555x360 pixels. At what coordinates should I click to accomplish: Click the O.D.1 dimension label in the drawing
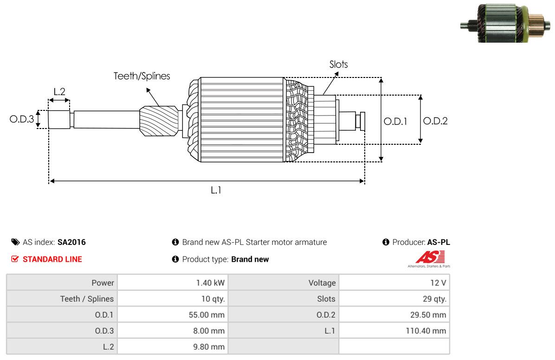395,122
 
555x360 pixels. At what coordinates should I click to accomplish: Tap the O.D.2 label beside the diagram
435,121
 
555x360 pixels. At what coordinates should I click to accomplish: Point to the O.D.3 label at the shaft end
22,119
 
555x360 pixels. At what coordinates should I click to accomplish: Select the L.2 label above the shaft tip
59,92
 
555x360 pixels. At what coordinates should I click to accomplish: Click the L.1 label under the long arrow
216,191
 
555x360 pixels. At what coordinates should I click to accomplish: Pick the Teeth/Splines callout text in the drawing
142,76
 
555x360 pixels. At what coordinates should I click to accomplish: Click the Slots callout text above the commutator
339,64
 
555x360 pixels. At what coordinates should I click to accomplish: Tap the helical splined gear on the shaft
159,122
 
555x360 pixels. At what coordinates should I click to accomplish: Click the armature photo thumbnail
505,24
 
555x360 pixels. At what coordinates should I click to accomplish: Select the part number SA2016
71,242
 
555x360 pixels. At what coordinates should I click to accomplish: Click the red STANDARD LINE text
52,259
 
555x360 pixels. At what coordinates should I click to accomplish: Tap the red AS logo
430,257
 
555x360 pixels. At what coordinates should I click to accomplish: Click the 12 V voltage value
438,283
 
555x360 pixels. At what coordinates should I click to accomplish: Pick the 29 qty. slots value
434,299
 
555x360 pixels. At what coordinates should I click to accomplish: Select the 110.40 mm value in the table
426,331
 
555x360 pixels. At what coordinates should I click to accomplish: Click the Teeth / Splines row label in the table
87,299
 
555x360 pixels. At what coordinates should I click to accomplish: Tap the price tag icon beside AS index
15,242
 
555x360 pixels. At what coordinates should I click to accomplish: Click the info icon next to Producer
386,242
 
